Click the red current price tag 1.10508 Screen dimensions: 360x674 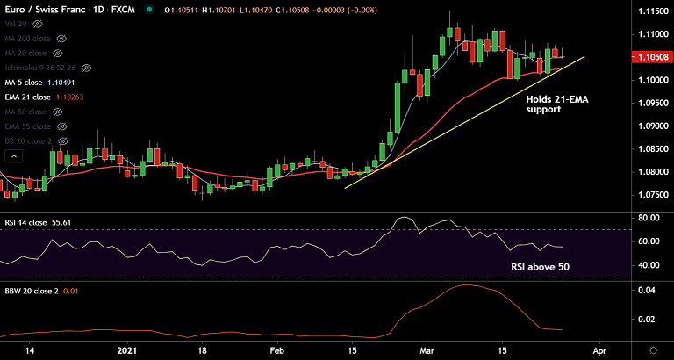652,57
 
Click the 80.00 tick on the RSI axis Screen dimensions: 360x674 649,217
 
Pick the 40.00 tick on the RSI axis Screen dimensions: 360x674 649,265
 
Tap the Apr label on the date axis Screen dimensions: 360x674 599,349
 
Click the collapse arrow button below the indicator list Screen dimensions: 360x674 13,156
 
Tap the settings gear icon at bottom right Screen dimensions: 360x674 652,349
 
